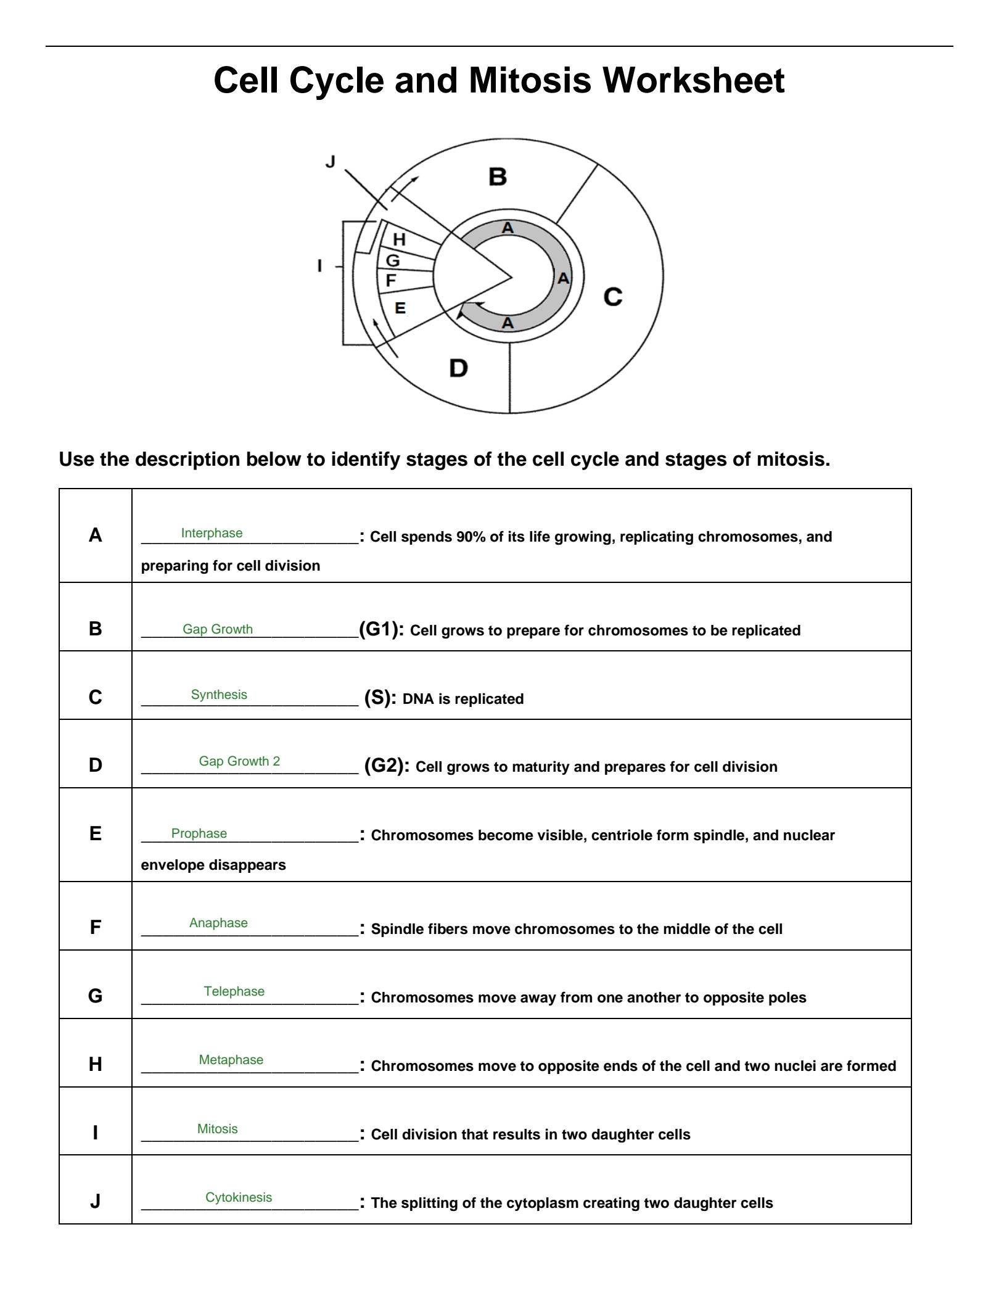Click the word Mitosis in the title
point(530,80)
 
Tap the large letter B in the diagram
point(498,177)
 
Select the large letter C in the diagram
point(612,297)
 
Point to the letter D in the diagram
point(458,369)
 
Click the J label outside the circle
point(331,162)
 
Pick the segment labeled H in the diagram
point(400,239)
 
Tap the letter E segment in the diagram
point(400,308)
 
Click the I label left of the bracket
point(319,266)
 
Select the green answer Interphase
point(212,533)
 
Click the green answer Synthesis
point(219,695)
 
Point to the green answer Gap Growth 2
point(239,761)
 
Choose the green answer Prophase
point(199,833)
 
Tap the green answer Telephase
point(234,991)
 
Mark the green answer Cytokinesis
point(239,1197)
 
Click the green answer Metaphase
point(231,1060)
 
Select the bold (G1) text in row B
point(381,629)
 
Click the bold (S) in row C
point(380,698)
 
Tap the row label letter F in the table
point(95,927)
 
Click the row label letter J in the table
point(95,1201)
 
